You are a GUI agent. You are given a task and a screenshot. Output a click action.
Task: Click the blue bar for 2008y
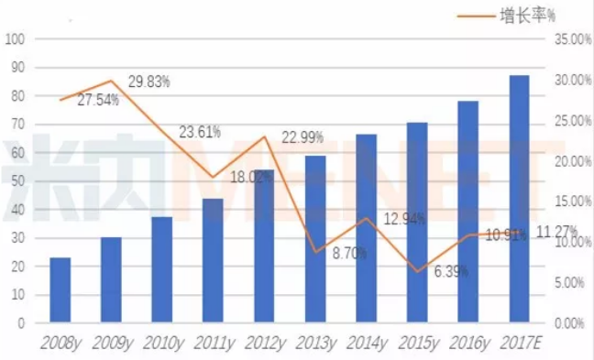(x=60, y=290)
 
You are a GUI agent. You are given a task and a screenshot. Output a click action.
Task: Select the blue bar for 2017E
(x=519, y=199)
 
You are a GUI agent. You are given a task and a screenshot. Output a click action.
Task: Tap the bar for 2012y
(x=264, y=246)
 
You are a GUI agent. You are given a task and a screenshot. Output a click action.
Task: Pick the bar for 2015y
(x=417, y=223)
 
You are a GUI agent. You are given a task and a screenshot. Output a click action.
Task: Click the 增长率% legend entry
(x=506, y=16)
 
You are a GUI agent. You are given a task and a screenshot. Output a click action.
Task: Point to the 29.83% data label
(x=148, y=82)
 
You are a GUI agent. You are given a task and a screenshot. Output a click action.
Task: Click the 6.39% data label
(x=451, y=271)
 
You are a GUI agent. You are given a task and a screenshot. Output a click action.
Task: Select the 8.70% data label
(x=349, y=253)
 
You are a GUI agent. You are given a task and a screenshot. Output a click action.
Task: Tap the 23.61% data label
(x=200, y=132)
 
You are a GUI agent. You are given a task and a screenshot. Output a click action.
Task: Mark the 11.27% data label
(x=557, y=232)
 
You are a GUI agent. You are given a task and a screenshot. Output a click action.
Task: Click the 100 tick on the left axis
(x=15, y=39)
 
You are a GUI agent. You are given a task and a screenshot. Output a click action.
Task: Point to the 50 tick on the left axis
(x=17, y=181)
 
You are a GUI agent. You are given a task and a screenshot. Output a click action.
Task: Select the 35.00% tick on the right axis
(x=573, y=39)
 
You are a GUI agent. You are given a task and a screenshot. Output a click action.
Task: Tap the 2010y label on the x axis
(x=163, y=344)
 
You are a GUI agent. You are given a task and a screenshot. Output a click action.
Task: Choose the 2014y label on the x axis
(x=367, y=344)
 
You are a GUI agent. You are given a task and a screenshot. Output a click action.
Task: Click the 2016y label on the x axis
(x=469, y=344)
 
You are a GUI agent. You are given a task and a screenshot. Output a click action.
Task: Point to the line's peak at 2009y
(x=111, y=81)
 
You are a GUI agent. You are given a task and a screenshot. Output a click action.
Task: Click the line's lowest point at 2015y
(x=417, y=271)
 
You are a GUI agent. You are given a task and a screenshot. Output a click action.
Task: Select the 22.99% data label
(x=302, y=137)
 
